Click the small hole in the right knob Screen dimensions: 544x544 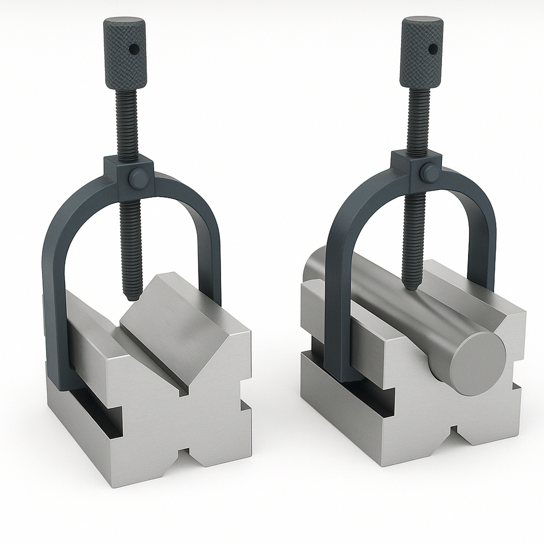pos(432,49)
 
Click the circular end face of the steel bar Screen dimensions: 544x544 pos(475,363)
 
